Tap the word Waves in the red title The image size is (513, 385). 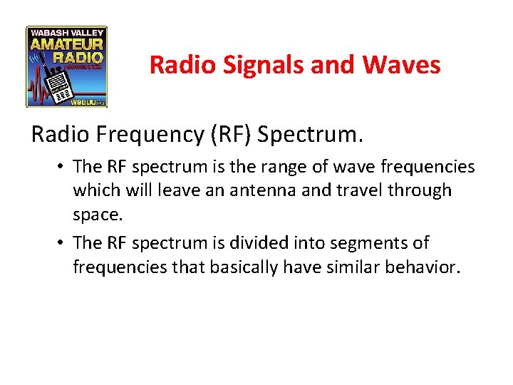pos(401,66)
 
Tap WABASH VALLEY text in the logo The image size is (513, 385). pos(66,32)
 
